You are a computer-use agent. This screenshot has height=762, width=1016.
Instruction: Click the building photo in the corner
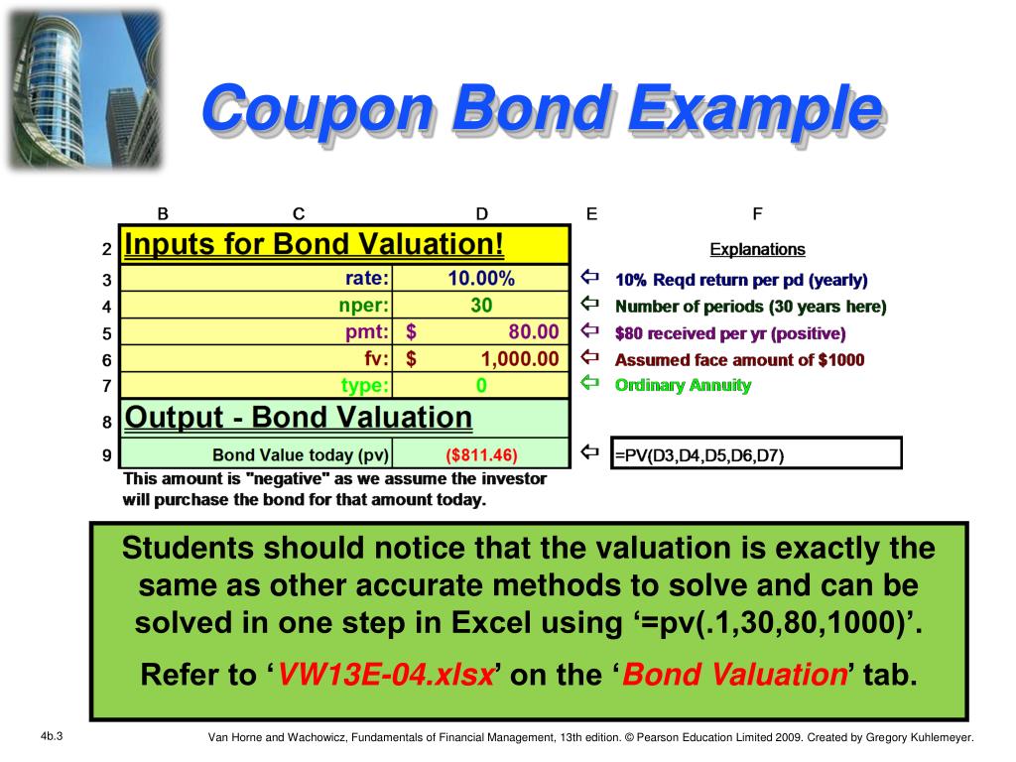tap(83, 89)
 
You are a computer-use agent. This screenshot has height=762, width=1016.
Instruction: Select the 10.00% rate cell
tap(481, 278)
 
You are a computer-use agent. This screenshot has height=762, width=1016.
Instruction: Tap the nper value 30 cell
tap(481, 305)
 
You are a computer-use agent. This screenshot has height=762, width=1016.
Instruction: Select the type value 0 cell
tap(481, 385)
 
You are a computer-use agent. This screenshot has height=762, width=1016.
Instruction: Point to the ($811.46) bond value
tap(481, 455)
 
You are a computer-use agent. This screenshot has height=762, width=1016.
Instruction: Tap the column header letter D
tap(481, 213)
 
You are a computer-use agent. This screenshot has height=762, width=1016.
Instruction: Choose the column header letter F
tap(757, 213)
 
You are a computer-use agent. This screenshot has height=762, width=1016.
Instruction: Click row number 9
tap(106, 457)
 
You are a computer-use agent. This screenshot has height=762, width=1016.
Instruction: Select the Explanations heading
tap(757, 249)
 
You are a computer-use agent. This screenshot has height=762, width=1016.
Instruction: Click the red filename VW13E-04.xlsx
tap(386, 676)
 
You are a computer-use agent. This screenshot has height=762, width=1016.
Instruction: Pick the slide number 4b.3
tap(52, 735)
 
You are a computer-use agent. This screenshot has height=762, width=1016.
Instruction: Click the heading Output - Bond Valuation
tap(299, 418)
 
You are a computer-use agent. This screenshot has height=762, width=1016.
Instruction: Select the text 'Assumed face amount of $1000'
tap(739, 359)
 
